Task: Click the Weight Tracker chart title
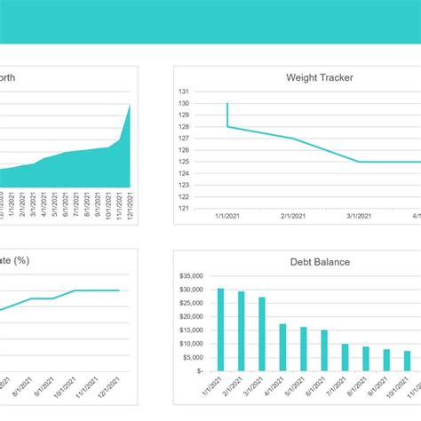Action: click(319, 77)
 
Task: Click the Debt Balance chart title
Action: click(319, 261)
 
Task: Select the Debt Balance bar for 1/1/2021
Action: click(220, 329)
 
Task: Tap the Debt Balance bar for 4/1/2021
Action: click(282, 346)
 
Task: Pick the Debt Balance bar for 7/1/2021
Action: click(345, 356)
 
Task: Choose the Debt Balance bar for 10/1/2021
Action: click(407, 360)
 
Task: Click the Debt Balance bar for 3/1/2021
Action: click(262, 333)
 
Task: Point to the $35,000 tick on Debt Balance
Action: click(191, 276)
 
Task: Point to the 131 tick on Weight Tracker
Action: click(184, 91)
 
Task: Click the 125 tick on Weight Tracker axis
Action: click(184, 162)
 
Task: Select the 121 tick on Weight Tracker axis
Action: click(184, 209)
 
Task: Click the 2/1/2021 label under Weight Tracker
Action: click(294, 216)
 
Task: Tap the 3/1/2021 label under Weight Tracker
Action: click(360, 216)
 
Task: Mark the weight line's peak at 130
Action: click(227, 104)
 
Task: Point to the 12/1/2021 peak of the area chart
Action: click(131, 105)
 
